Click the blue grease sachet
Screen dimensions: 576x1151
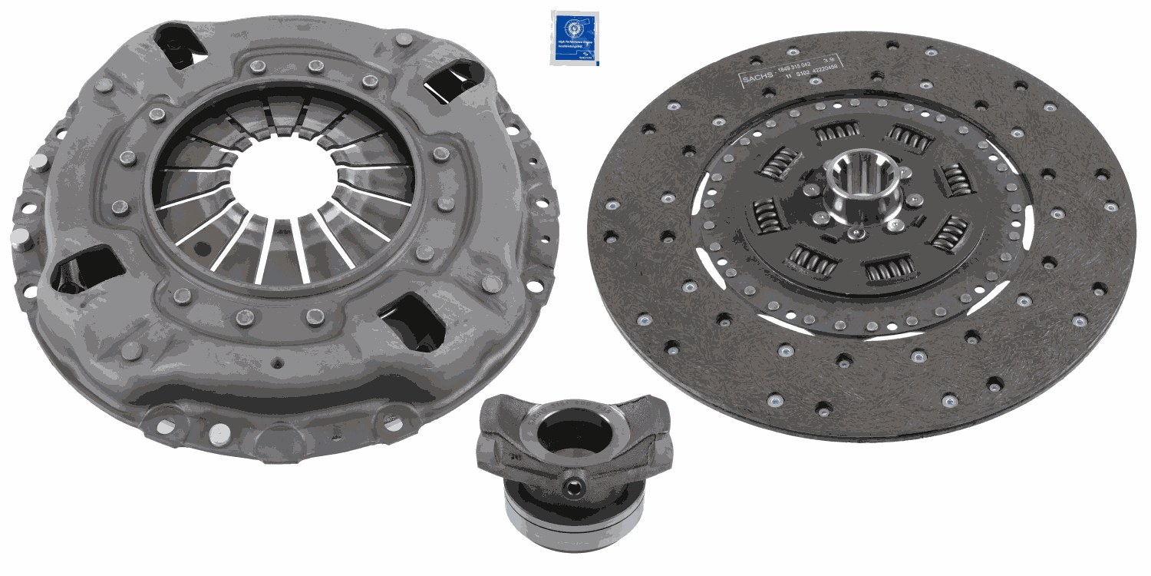575,38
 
